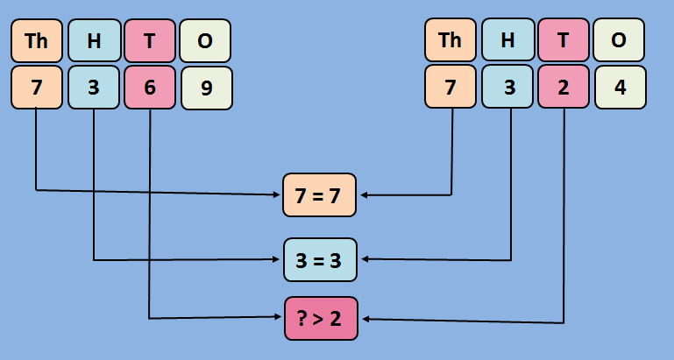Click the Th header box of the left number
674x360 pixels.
coord(37,40)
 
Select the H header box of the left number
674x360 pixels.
coord(93,40)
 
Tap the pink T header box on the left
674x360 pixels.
coord(150,40)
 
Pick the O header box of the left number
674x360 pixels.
coord(206,40)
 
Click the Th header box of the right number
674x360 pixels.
coord(451,40)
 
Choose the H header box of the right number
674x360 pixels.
coord(507,40)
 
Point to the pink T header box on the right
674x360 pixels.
coord(564,40)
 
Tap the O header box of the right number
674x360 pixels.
coord(620,40)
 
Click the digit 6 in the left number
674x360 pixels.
coord(150,88)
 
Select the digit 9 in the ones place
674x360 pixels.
coord(206,88)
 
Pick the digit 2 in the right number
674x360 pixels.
coord(564,88)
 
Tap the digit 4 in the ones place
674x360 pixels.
coord(620,88)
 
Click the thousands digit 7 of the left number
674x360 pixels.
coord(37,88)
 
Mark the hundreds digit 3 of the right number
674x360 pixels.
coord(507,88)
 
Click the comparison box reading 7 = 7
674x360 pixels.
coord(320,194)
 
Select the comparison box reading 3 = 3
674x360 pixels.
coord(320,259)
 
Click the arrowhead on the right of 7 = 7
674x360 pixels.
coord(363,194)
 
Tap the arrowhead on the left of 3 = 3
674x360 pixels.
coord(278,259)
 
